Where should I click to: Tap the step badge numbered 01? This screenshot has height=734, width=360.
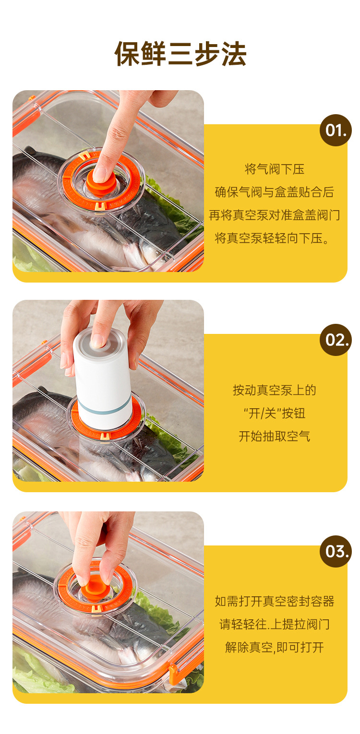tap(336, 130)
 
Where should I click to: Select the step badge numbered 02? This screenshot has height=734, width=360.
tap(336, 340)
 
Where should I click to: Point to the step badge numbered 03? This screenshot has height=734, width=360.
tap(336, 552)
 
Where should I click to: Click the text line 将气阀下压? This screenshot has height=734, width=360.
tap(275, 169)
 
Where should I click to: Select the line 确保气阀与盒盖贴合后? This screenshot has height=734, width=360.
tap(275, 192)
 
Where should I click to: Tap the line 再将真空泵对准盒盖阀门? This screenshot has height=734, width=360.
tap(275, 215)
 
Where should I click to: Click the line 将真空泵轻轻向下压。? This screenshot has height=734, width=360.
tap(272, 238)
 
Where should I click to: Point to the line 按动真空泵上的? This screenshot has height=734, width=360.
tap(275, 390)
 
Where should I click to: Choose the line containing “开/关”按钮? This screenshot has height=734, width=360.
tap(275, 413)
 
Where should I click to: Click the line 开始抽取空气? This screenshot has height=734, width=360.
tap(275, 436)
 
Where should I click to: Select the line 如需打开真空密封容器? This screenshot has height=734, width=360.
tap(275, 601)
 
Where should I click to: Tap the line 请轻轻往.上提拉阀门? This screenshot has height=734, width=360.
tap(275, 624)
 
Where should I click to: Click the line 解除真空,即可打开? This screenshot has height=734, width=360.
tap(275, 647)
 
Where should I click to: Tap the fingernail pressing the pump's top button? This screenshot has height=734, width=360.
tap(97, 341)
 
